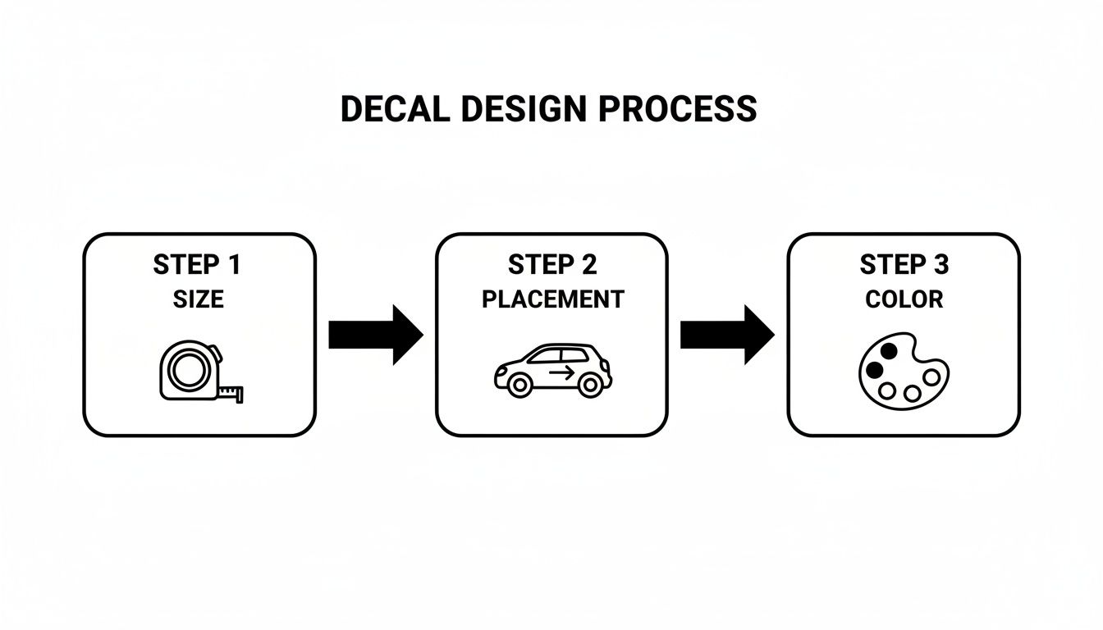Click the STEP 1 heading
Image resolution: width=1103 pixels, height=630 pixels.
[x=198, y=265]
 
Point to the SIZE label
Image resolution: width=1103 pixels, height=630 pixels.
[x=198, y=299]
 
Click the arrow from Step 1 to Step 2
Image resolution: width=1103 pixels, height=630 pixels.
[x=375, y=335]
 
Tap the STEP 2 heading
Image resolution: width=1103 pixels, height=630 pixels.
[x=552, y=265]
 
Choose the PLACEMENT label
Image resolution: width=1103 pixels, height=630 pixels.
[x=552, y=299]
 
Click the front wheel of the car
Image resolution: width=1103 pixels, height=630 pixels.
[x=588, y=384]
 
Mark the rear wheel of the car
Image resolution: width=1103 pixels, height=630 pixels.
[x=519, y=384]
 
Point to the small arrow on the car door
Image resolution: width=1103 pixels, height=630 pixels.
[x=562, y=373]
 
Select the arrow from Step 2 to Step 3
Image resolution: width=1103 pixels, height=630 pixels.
[x=727, y=335]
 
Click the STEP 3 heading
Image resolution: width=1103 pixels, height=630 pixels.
[x=904, y=265]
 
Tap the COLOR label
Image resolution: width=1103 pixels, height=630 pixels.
[x=904, y=299]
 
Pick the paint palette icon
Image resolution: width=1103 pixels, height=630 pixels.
[x=903, y=369]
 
